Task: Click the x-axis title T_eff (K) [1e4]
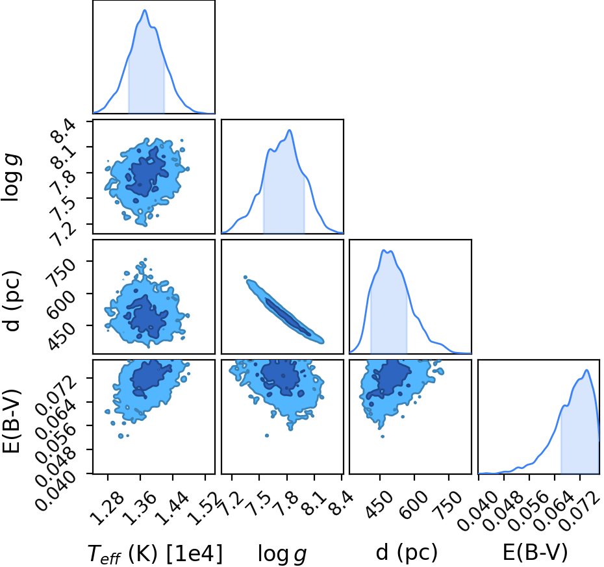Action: click(x=155, y=554)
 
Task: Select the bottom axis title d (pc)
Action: click(x=407, y=553)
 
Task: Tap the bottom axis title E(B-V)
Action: click(x=535, y=553)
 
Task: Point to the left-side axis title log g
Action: click(x=11, y=177)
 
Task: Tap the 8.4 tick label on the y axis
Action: click(x=62, y=132)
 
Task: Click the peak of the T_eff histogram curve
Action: click(x=145, y=10)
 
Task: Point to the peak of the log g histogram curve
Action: click(x=289, y=130)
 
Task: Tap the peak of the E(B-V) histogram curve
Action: click(x=586, y=370)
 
